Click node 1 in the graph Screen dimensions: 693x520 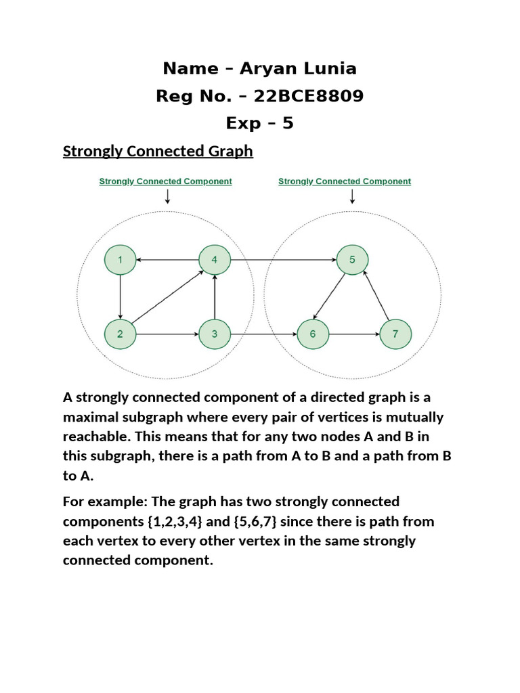pyautogui.click(x=120, y=260)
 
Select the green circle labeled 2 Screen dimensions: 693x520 pyautogui.click(x=120, y=334)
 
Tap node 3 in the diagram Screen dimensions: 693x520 pyautogui.click(x=214, y=334)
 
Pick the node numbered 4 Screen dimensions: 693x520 pyautogui.click(x=214, y=260)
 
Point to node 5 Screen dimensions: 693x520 pyautogui.click(x=352, y=260)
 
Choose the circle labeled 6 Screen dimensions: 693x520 pyautogui.click(x=313, y=334)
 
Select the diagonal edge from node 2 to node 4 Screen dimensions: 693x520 pyautogui.click(x=167, y=297)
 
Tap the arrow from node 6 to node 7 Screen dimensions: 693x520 pyautogui.click(x=353, y=334)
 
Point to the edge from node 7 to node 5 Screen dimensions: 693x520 pyautogui.click(x=376, y=296)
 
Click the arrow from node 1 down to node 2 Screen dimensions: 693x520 pyautogui.click(x=120, y=296)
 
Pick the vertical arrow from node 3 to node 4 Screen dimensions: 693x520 pyautogui.click(x=214, y=296)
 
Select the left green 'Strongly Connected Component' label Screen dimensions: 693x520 pyautogui.click(x=165, y=181)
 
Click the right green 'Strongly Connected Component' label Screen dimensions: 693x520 pyautogui.click(x=345, y=181)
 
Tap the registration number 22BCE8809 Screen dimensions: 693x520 pyautogui.click(x=308, y=96)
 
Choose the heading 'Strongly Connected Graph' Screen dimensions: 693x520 pyautogui.click(x=158, y=151)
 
